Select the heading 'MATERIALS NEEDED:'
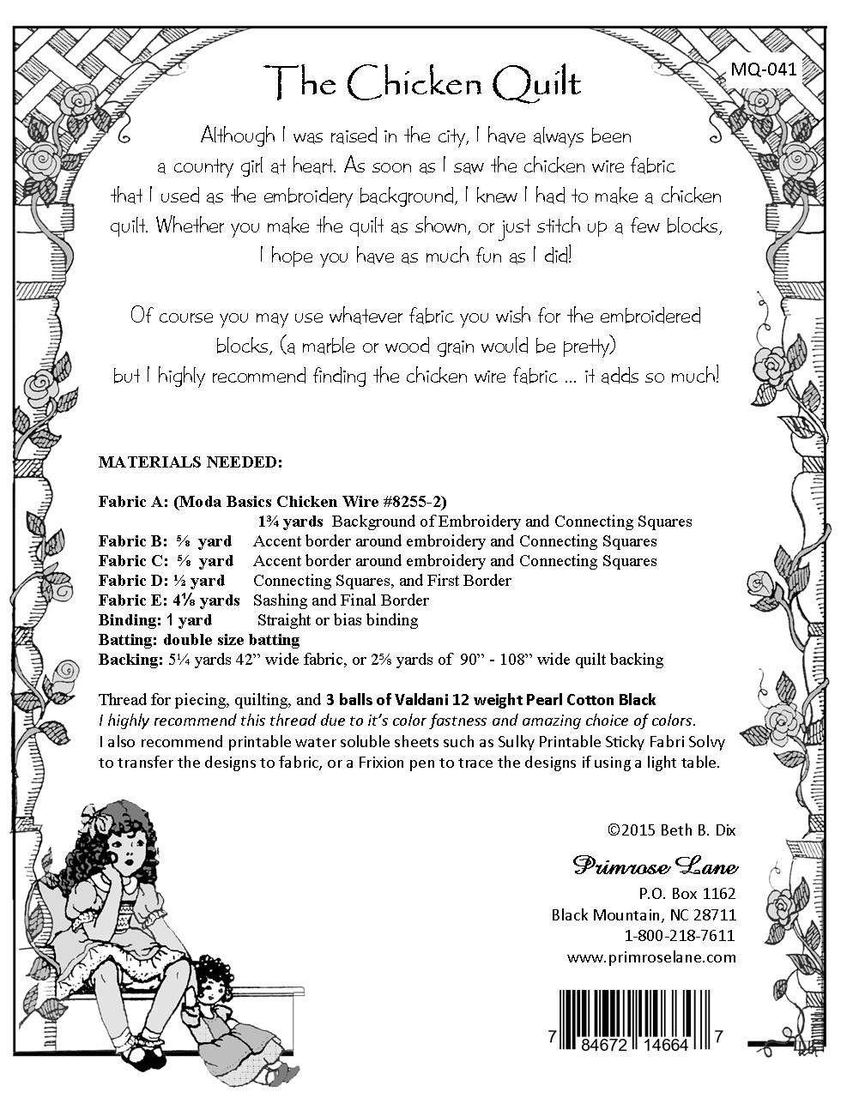[x=190, y=462]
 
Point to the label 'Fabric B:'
[x=130, y=541]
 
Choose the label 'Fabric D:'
[x=130, y=581]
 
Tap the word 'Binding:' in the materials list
[x=126, y=620]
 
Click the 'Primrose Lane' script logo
[x=655, y=866]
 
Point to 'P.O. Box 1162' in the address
[x=690, y=893]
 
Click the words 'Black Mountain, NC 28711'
[x=644, y=914]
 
